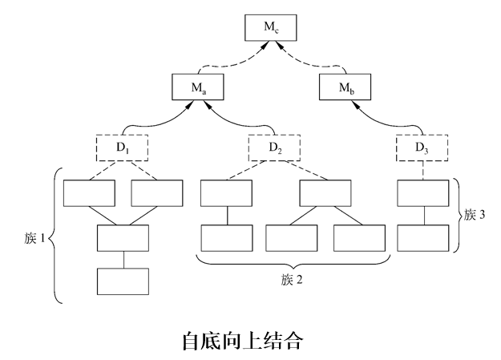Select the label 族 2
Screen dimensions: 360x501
[292, 281]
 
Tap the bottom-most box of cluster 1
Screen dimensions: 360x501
[123, 281]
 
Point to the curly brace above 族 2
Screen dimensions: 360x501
[292, 262]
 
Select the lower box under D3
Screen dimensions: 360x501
[422, 238]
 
